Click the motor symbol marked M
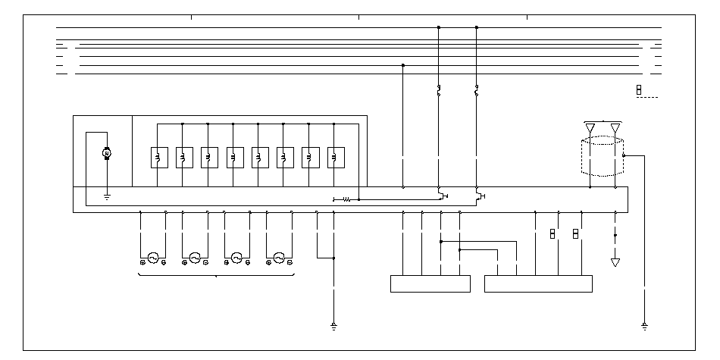pos(107,154)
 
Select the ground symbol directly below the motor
pos(107,197)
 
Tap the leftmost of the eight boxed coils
pos(157,157)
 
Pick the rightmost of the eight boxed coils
pos(333,157)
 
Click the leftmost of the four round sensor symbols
pos(153,258)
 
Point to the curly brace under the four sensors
pos(216,276)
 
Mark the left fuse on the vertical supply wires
pos(439,92)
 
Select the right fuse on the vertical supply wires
pos(477,92)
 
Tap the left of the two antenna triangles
pos(590,127)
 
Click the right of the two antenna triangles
pos(615,127)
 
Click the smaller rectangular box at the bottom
pos(430,283)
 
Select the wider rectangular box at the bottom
pos(538,283)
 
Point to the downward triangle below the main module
pos(615,262)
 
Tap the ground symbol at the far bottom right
pos(643,327)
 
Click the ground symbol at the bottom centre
pos(333,327)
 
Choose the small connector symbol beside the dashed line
pos(638,90)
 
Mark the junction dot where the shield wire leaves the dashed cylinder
pos(624,155)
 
